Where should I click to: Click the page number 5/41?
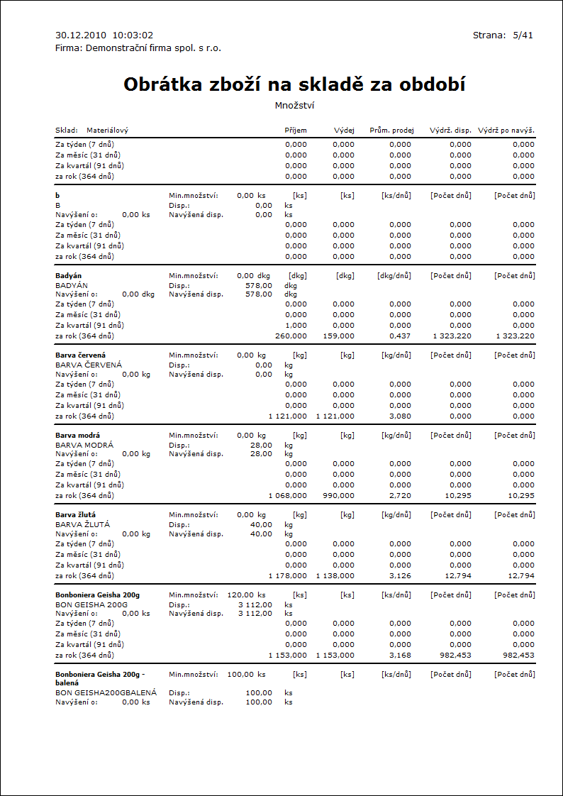[x=523, y=35]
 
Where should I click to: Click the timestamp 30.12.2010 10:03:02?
[x=104, y=35]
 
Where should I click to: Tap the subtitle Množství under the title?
[x=294, y=106]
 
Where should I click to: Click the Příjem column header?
[x=296, y=131]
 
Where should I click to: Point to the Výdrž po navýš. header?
[x=506, y=131]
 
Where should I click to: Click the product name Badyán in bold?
[x=69, y=275]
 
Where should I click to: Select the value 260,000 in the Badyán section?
[x=291, y=336]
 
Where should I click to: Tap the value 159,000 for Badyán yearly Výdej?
[x=338, y=336]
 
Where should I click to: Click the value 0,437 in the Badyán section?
[x=400, y=336]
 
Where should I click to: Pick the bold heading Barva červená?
[x=80, y=355]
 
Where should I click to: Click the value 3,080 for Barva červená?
[x=400, y=416]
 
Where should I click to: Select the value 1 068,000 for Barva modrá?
[x=288, y=496]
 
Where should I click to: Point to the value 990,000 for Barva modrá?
[x=338, y=496]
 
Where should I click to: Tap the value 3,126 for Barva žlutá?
[x=400, y=576]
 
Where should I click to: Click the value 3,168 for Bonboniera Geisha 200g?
[x=400, y=656]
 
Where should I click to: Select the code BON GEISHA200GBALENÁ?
[x=106, y=692]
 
